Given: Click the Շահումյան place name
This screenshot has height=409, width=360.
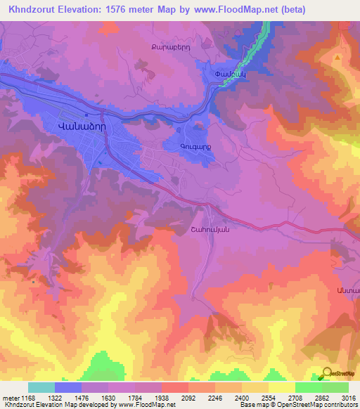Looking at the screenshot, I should [210, 228].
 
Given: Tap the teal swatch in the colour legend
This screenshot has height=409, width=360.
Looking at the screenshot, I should [41, 387].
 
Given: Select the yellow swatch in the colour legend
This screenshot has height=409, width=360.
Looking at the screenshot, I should [281, 387].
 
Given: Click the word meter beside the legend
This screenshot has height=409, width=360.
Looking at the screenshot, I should [11, 397].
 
